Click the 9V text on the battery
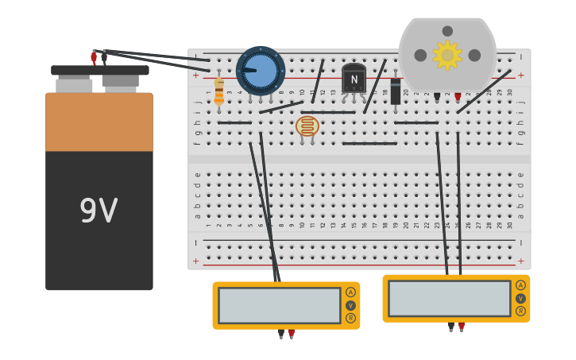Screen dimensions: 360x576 click(99, 211)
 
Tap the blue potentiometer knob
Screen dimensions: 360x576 click(261, 71)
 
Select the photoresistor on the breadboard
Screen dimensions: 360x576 click(307, 126)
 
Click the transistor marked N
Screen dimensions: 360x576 click(354, 79)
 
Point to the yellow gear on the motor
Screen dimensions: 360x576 click(447, 55)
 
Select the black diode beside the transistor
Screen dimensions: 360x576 click(396, 91)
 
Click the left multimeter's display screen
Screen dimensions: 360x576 click(279, 305)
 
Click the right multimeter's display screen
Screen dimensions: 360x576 click(449, 298)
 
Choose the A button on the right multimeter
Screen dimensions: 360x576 click(520, 285)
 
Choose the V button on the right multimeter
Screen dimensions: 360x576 click(520, 299)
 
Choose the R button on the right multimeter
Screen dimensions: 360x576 click(520, 312)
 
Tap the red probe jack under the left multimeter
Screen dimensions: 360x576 click(292, 334)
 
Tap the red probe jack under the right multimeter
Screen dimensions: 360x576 click(462, 326)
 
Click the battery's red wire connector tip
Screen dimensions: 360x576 click(94, 57)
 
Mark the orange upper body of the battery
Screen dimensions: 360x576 click(99, 122)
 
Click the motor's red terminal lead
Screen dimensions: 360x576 click(458, 97)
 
